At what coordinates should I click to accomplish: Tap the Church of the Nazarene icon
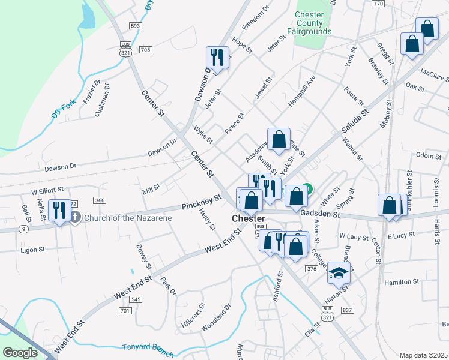pyautogui.click(x=74, y=217)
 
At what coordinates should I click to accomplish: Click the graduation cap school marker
pyautogui.click(x=339, y=273)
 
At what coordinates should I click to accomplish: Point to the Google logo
pyautogui.click(x=20, y=353)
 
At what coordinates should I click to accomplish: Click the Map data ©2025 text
pyautogui.click(x=423, y=355)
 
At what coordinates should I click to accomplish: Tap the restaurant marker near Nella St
pyautogui.click(x=59, y=211)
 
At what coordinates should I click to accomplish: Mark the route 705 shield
pyautogui.click(x=145, y=50)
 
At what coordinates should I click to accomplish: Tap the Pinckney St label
pyautogui.click(x=202, y=202)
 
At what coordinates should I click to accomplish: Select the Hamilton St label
pyautogui.click(x=402, y=281)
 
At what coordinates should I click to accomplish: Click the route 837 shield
pyautogui.click(x=347, y=310)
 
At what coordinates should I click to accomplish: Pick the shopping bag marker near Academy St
pyautogui.click(x=279, y=140)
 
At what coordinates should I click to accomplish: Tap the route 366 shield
pyautogui.click(x=100, y=200)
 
